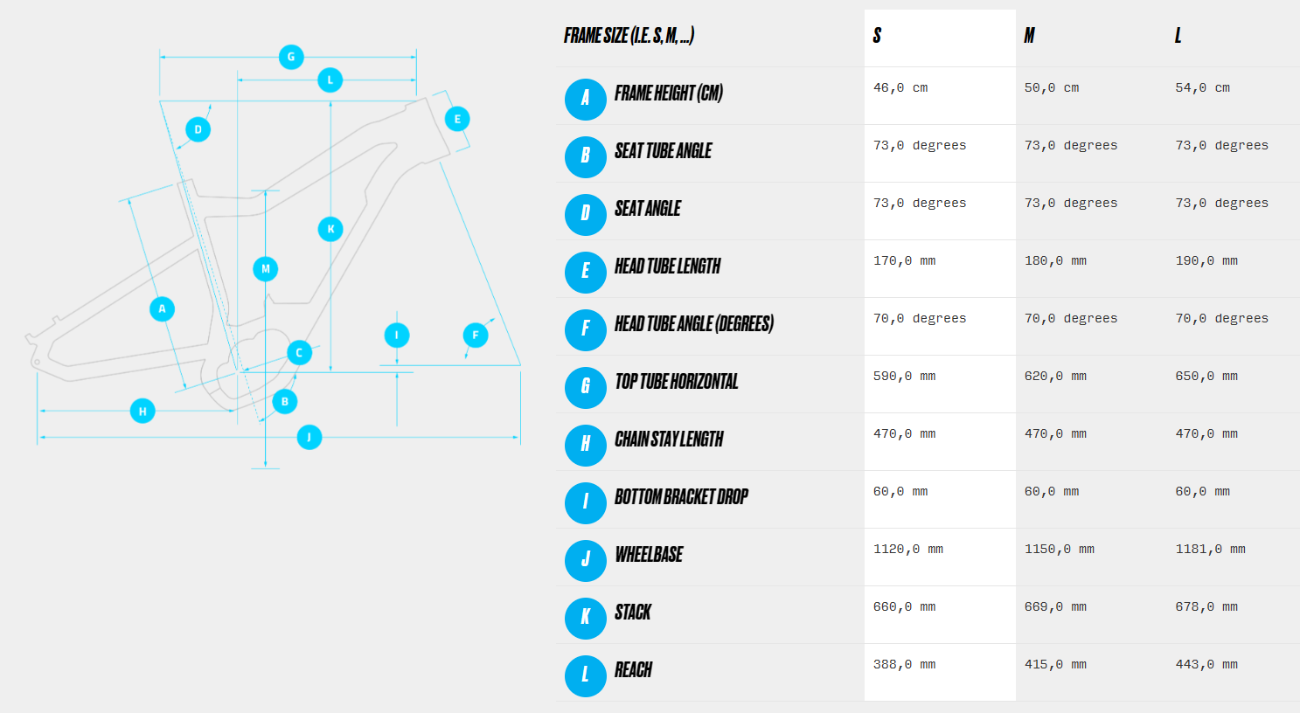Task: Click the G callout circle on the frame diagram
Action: tap(291, 57)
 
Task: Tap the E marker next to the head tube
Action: tap(457, 119)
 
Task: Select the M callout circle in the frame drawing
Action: tap(265, 268)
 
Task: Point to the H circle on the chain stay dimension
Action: tap(143, 411)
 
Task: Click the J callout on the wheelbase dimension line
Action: tap(309, 437)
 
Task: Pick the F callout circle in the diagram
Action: tap(476, 335)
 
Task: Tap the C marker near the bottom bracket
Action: tap(300, 352)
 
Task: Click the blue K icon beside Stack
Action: tap(585, 619)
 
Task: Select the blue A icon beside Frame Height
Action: tap(585, 100)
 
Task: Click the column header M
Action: tap(1029, 36)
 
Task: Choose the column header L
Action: tap(1178, 36)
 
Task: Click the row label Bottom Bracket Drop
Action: tap(681, 496)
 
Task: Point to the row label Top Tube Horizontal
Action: tap(676, 381)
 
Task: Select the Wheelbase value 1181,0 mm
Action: tap(1211, 549)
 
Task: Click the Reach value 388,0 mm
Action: tap(904, 664)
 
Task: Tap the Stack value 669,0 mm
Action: tap(1056, 606)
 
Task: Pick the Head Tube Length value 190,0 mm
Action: tap(1206, 260)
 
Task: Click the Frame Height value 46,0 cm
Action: tap(900, 87)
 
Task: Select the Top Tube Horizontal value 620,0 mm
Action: tap(1056, 376)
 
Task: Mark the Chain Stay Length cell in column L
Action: tap(1206, 433)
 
